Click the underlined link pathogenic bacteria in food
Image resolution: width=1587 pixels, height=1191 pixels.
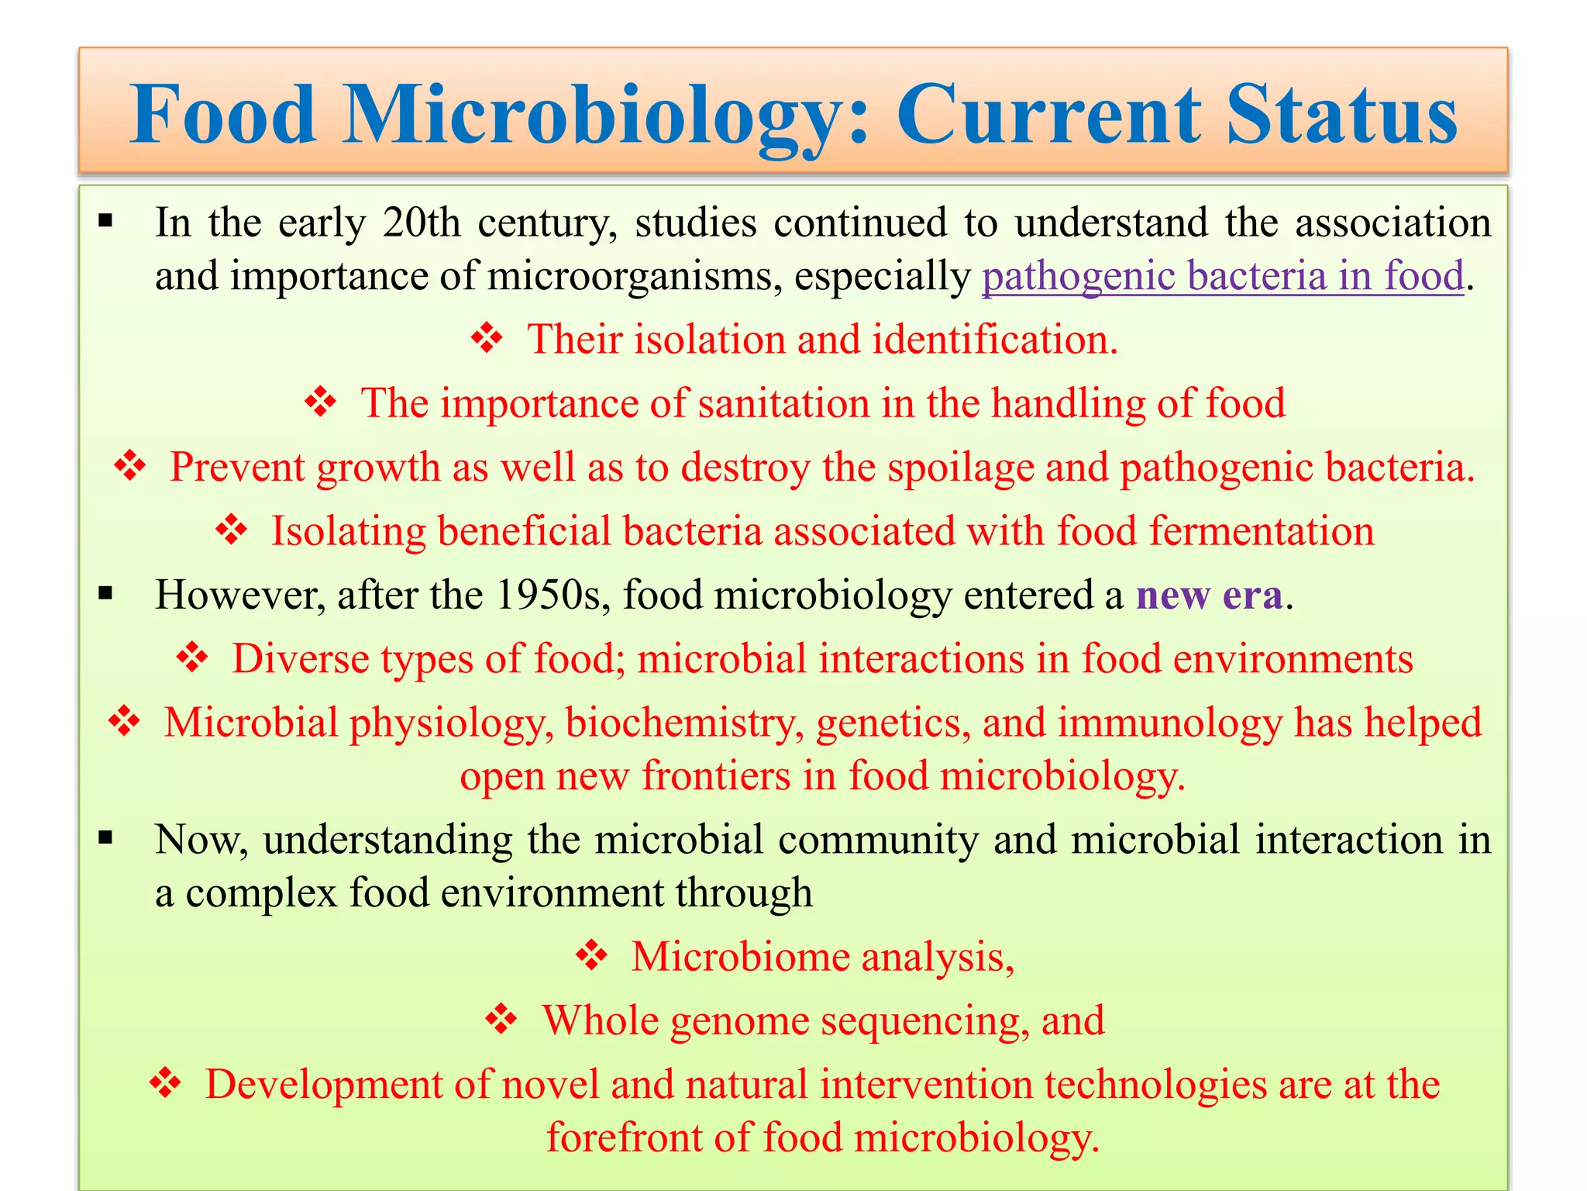(x=1223, y=276)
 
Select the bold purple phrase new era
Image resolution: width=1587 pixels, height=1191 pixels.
(x=1208, y=595)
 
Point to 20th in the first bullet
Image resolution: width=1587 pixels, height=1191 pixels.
(x=422, y=223)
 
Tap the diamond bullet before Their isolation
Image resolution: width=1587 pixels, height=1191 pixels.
(x=487, y=338)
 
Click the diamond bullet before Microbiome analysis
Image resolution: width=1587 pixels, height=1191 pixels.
(x=592, y=955)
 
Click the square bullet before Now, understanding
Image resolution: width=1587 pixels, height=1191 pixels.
(x=106, y=838)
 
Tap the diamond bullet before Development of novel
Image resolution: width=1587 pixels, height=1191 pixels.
(x=165, y=1083)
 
